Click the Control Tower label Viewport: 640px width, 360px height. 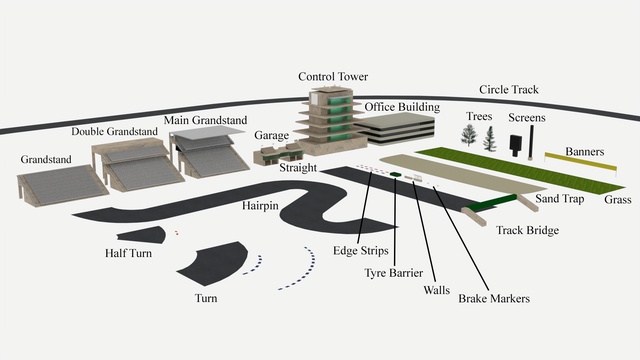333,76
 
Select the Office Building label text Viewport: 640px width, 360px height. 402,107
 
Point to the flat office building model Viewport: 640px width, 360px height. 396,128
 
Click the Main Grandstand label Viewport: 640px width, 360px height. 205,120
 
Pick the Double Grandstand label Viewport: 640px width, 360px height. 114,131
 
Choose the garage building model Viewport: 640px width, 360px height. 279,154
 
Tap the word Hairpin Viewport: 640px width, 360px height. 260,205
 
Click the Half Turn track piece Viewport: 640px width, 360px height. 142,235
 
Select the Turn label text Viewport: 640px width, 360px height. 206,298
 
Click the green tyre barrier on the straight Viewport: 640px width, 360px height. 395,174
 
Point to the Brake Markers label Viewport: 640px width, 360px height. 494,298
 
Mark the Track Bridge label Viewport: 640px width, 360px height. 527,231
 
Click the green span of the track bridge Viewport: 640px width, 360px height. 492,203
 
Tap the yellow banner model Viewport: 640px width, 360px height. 580,162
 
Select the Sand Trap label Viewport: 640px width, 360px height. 560,199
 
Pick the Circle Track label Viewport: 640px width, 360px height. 509,89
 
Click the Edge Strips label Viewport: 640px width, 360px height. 360,251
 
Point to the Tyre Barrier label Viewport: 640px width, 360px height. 393,273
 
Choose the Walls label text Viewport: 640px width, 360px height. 436,290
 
